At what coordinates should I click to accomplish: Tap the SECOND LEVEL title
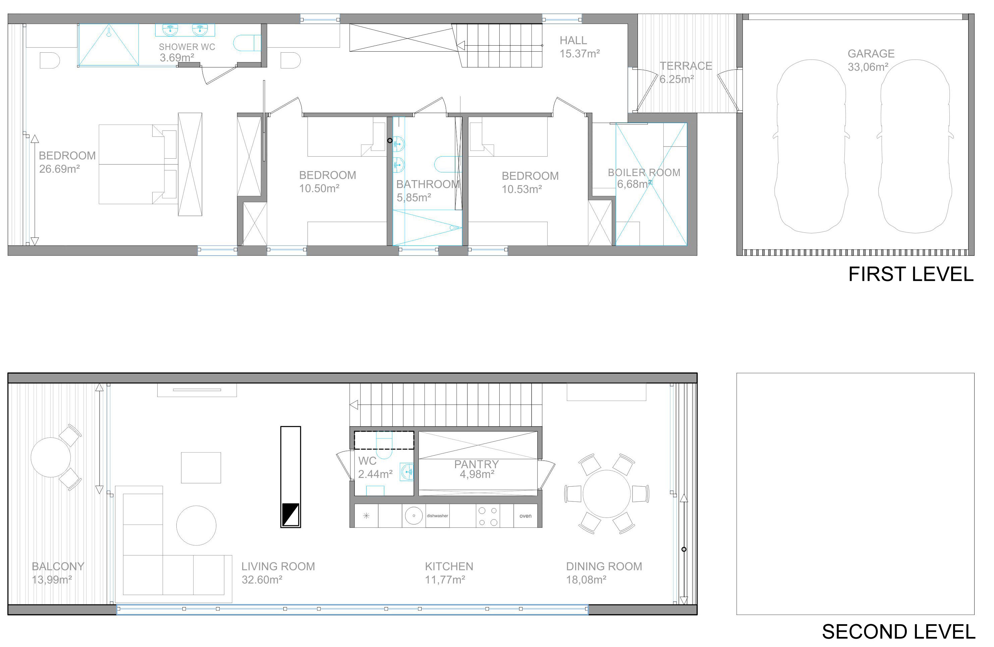[898, 632]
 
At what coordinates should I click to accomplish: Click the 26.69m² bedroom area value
[59, 169]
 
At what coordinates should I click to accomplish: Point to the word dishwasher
[437, 516]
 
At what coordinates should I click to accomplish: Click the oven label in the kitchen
[526, 516]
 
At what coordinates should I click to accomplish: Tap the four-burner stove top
[488, 516]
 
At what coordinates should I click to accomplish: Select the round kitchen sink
[414, 516]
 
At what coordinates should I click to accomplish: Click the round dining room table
[606, 494]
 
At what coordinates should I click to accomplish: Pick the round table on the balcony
[51, 457]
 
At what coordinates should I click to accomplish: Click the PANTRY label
[476, 464]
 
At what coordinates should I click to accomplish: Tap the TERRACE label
[686, 66]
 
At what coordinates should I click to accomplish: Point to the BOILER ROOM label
[644, 172]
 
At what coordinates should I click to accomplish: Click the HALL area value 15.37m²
[580, 53]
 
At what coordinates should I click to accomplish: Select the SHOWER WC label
[187, 47]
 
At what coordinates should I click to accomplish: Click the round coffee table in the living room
[196, 526]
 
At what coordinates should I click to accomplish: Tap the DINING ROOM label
[604, 567]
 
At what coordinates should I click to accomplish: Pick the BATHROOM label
[428, 184]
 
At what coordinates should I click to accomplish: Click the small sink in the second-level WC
[406, 472]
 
